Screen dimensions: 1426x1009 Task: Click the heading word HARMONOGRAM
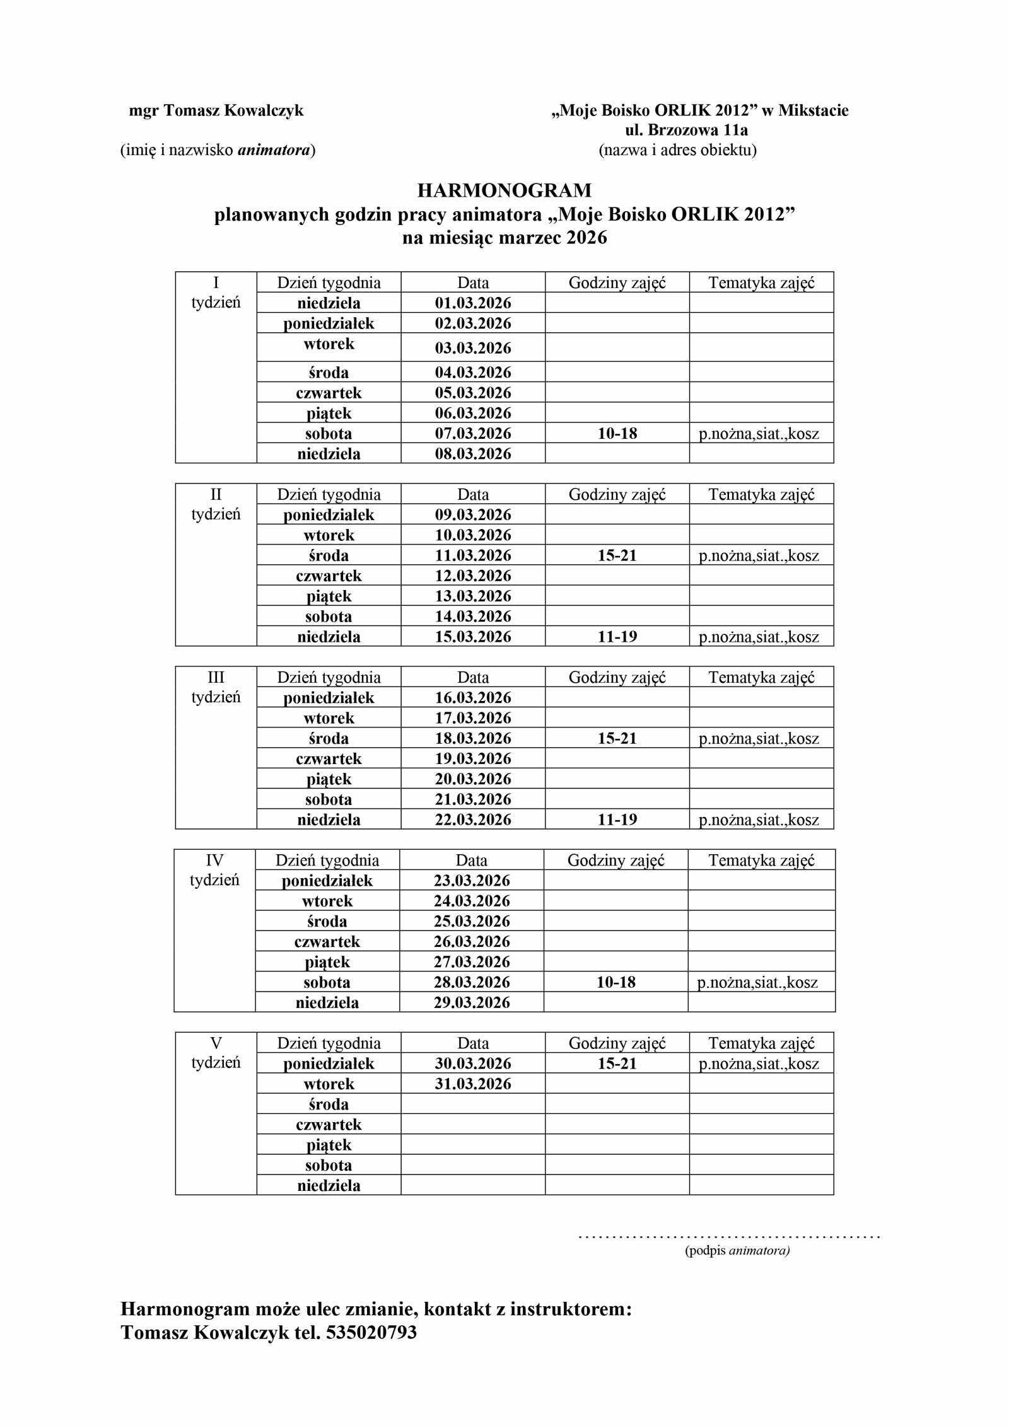(x=504, y=190)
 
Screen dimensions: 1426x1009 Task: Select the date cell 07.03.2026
(x=472, y=434)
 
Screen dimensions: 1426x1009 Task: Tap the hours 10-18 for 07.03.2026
(x=617, y=434)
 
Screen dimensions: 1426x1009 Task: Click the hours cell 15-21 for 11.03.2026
(x=617, y=555)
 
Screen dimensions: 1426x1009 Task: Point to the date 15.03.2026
(x=472, y=637)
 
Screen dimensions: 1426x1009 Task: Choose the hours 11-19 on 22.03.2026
(x=617, y=820)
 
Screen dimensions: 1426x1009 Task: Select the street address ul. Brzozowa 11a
(x=686, y=130)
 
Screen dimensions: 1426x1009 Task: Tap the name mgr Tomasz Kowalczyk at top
(x=216, y=110)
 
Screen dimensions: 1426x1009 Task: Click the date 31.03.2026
(x=472, y=1084)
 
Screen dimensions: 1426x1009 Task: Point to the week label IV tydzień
(x=214, y=870)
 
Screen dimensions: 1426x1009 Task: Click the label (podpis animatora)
(x=737, y=1251)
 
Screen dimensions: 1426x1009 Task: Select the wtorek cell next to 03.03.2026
(x=329, y=344)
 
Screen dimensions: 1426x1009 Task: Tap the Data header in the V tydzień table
(x=472, y=1043)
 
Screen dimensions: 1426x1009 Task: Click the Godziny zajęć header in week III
(x=617, y=678)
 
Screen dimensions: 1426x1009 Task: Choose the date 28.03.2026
(x=471, y=982)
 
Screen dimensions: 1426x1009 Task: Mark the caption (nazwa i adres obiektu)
(x=677, y=150)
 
